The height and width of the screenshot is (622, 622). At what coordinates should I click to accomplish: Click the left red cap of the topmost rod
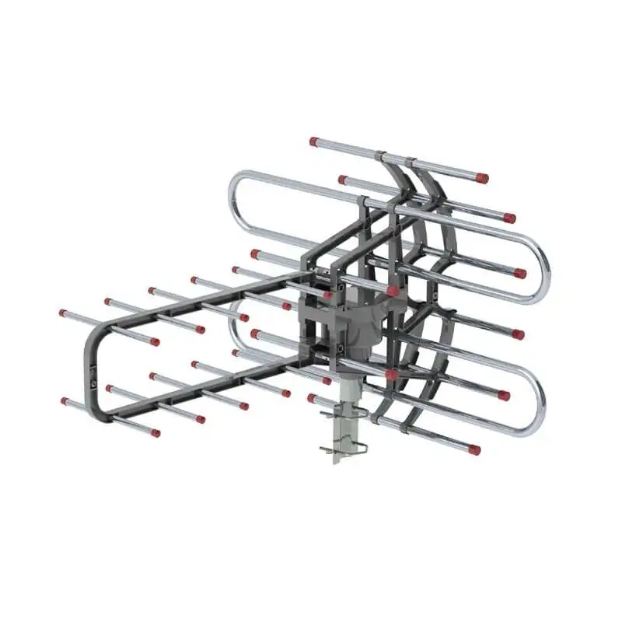[x=314, y=142]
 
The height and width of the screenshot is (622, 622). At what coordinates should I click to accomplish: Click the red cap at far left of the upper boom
[x=63, y=313]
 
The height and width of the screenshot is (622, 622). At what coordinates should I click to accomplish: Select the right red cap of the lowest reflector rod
[x=474, y=449]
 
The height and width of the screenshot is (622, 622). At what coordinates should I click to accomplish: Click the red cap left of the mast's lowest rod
[x=312, y=398]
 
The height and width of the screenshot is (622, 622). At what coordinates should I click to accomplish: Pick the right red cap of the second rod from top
[x=509, y=218]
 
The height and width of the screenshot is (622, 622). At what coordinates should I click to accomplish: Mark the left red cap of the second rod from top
[x=342, y=180]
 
